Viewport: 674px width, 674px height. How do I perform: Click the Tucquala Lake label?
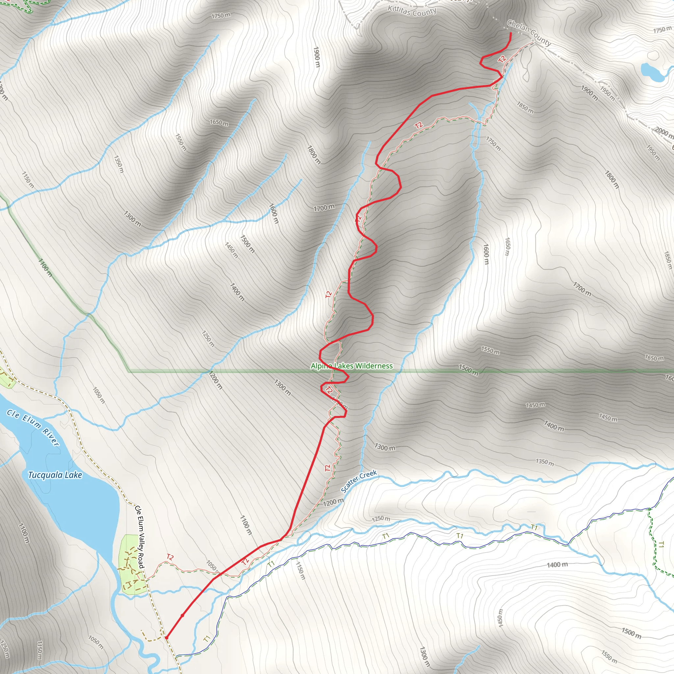[x=55, y=475]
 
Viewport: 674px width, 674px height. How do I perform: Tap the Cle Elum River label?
[x=33, y=428]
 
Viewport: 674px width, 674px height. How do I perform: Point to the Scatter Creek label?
[x=359, y=481]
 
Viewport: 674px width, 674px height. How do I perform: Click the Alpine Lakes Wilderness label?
[x=352, y=366]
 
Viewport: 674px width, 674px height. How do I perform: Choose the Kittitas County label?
[x=412, y=11]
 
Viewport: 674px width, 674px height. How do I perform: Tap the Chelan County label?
[x=529, y=33]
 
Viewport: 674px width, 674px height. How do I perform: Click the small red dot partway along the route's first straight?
[x=182, y=615]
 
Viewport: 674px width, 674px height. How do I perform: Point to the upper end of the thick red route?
[x=511, y=33]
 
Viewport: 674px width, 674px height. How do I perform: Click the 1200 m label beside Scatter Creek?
[x=333, y=502]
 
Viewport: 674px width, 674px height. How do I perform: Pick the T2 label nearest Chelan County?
[x=502, y=59]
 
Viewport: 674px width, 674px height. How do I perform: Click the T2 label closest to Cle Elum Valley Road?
[x=170, y=557]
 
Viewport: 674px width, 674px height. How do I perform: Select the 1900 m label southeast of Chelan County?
[x=589, y=93]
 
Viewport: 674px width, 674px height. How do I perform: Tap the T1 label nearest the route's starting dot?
[x=207, y=639]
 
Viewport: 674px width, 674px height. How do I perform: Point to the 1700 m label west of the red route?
[x=324, y=208]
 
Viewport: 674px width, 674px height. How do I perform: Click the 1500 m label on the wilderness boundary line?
[x=468, y=370]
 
